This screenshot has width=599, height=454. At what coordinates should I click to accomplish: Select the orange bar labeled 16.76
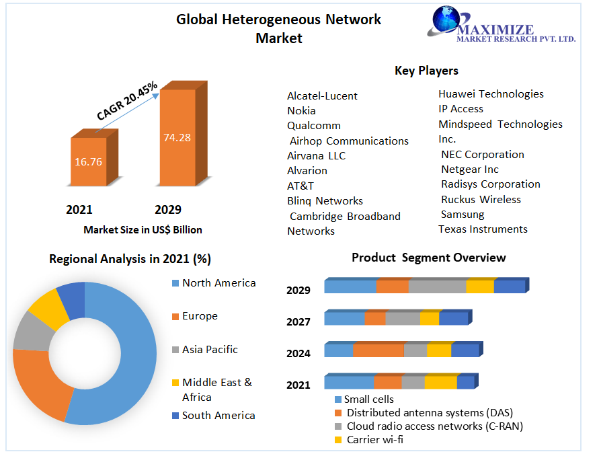[89, 161]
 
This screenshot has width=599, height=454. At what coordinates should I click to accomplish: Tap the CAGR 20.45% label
[127, 101]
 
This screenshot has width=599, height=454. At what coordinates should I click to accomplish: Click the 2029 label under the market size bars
[168, 209]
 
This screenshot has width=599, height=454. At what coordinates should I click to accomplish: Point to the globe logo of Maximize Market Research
[444, 21]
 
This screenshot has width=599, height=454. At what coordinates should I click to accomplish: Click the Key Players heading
[426, 71]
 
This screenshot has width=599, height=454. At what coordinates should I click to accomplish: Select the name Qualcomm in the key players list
[314, 126]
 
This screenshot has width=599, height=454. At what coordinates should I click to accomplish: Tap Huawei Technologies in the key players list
[491, 94]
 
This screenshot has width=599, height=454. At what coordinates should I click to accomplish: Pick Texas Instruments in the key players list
[483, 229]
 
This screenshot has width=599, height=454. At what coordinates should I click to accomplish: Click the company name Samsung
[463, 215]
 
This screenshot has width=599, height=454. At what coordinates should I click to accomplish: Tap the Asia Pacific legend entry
[209, 350]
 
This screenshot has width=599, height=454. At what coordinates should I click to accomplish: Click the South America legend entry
[218, 416]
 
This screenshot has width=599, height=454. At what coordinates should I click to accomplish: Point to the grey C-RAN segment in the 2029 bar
[437, 287]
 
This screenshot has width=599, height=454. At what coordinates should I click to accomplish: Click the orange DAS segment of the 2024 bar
[378, 350]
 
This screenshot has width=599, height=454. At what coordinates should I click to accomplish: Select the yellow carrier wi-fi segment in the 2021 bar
[440, 382]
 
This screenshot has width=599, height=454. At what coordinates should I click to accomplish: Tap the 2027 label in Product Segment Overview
[298, 322]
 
